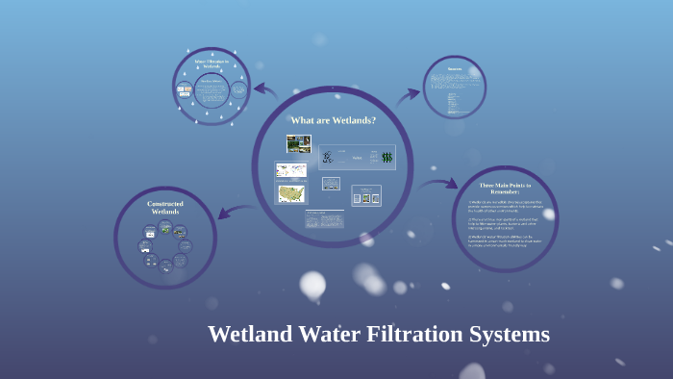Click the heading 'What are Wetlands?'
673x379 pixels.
(x=333, y=120)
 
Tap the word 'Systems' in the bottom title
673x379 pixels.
(x=511, y=335)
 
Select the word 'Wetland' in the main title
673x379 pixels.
(x=249, y=335)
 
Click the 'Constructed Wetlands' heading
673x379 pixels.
(x=165, y=208)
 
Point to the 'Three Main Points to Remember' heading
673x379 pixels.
(x=505, y=187)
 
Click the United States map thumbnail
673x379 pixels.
(x=291, y=194)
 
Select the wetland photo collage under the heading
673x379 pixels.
(x=298, y=144)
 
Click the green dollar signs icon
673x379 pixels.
(x=386, y=157)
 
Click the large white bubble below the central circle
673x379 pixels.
(x=312, y=285)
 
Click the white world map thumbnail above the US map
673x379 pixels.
(x=291, y=170)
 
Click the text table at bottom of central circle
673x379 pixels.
(x=325, y=219)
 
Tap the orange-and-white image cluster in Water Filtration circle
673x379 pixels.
(x=185, y=91)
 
